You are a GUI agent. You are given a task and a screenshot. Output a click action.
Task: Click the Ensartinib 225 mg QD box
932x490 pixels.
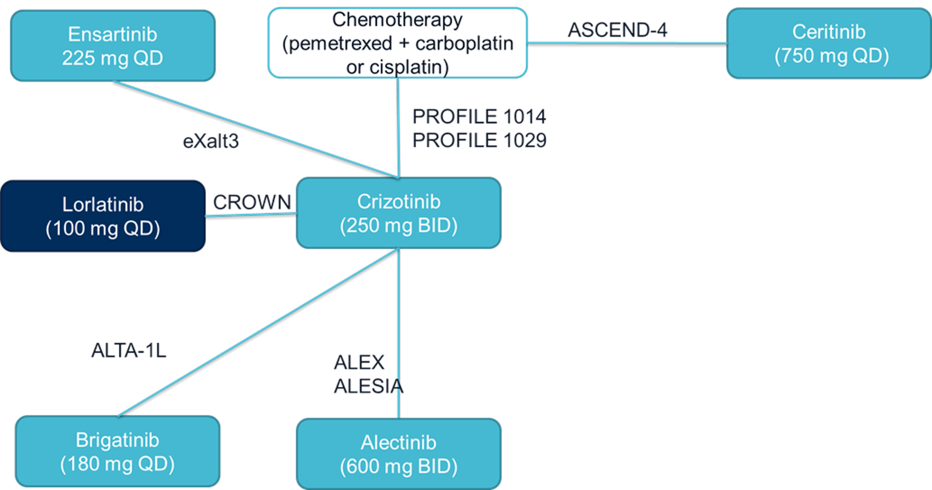[x=113, y=46]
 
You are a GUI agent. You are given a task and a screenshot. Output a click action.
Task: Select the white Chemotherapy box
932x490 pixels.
[x=397, y=43]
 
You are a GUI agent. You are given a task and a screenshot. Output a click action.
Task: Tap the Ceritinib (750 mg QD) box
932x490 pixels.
[x=829, y=43]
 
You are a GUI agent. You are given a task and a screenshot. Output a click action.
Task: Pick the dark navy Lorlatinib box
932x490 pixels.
[x=102, y=216]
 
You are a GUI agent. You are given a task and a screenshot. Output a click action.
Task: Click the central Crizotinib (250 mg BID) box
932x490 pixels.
[x=398, y=213]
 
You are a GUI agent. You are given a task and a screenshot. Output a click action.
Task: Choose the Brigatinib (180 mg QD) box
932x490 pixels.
[x=117, y=452]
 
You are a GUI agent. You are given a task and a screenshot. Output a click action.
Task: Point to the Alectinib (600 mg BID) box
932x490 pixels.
[x=398, y=454]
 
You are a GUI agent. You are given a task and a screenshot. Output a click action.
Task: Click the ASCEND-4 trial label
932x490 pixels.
[x=617, y=30]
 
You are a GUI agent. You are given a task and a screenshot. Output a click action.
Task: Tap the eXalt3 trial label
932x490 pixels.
[x=211, y=141]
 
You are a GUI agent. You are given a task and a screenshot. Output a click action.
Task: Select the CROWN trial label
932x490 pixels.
[x=252, y=202]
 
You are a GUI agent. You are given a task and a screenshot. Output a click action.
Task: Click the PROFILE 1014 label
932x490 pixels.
[x=479, y=116]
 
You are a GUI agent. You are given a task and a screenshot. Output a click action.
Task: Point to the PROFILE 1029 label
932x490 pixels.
[x=479, y=140]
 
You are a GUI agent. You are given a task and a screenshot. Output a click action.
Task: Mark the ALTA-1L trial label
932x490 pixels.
[x=129, y=350]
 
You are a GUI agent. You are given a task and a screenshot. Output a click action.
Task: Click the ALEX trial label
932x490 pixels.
[x=359, y=363]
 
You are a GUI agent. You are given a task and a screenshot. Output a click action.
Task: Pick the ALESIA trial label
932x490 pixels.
[x=368, y=386]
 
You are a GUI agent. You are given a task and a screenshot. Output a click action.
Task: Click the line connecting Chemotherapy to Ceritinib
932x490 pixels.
[x=627, y=43]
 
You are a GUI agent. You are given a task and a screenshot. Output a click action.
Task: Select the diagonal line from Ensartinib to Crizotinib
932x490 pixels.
[x=256, y=129]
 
